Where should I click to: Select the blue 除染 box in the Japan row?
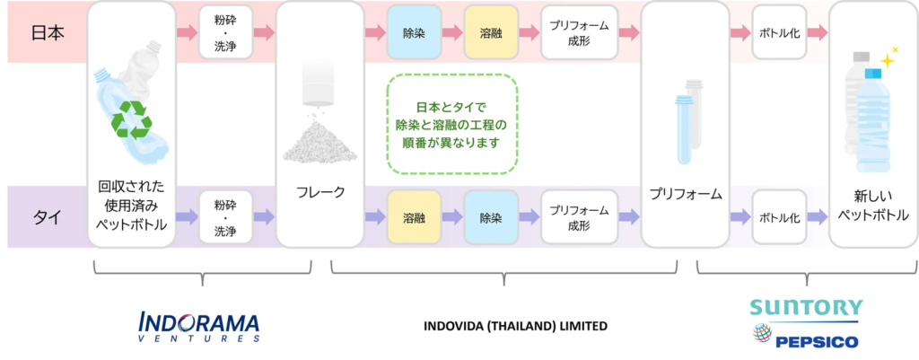[414, 33]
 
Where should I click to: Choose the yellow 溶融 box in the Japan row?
[491, 33]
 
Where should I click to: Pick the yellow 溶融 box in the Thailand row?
[414, 217]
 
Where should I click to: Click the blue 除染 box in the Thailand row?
[491, 217]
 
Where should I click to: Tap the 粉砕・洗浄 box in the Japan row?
[225, 33]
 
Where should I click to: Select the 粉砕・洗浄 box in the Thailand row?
[225, 217]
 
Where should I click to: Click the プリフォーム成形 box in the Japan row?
[579, 33]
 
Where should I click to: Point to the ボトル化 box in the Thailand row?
[779, 217]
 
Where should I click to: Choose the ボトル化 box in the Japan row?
[779, 33]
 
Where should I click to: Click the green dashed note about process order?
[451, 124]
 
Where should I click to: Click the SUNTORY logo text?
[806, 307]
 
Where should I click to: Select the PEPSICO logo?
[805, 338]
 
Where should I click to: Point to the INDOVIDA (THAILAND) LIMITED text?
[515, 325]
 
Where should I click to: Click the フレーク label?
[320, 192]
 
